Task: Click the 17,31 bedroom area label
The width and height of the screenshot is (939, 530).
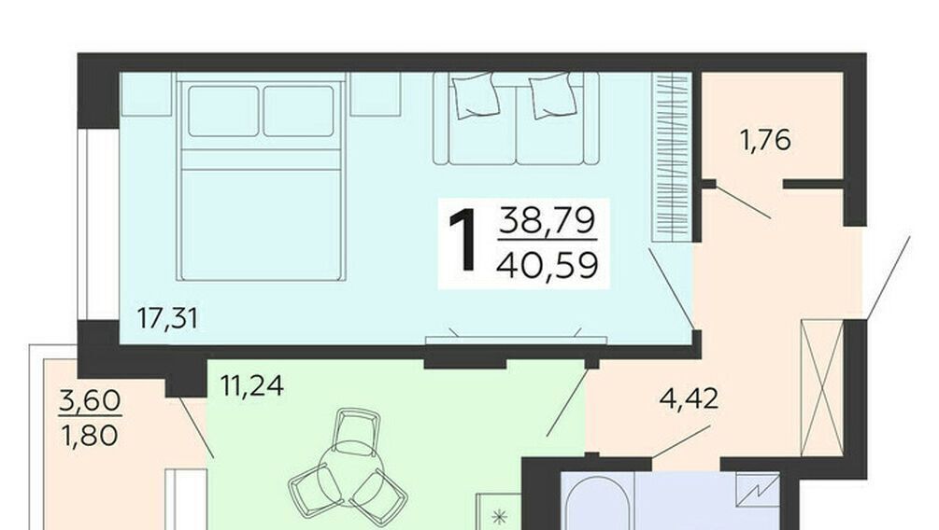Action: (x=167, y=318)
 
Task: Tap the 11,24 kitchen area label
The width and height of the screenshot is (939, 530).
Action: (x=251, y=385)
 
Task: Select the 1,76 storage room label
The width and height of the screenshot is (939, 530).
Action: (x=765, y=140)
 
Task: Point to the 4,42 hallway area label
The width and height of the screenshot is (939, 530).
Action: (x=689, y=398)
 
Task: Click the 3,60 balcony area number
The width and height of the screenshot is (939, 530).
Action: (x=90, y=400)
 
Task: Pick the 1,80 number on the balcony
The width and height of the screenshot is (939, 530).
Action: (x=90, y=435)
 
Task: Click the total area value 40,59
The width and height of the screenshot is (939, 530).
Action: (x=548, y=264)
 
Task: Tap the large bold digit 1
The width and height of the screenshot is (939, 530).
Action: (x=464, y=241)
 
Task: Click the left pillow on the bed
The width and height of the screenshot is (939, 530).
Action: (x=223, y=111)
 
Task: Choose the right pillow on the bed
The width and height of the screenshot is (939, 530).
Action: (x=298, y=111)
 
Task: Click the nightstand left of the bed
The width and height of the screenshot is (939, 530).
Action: (x=147, y=94)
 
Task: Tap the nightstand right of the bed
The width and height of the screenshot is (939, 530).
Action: (x=376, y=94)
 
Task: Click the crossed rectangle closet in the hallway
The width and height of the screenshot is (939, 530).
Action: (x=822, y=388)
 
